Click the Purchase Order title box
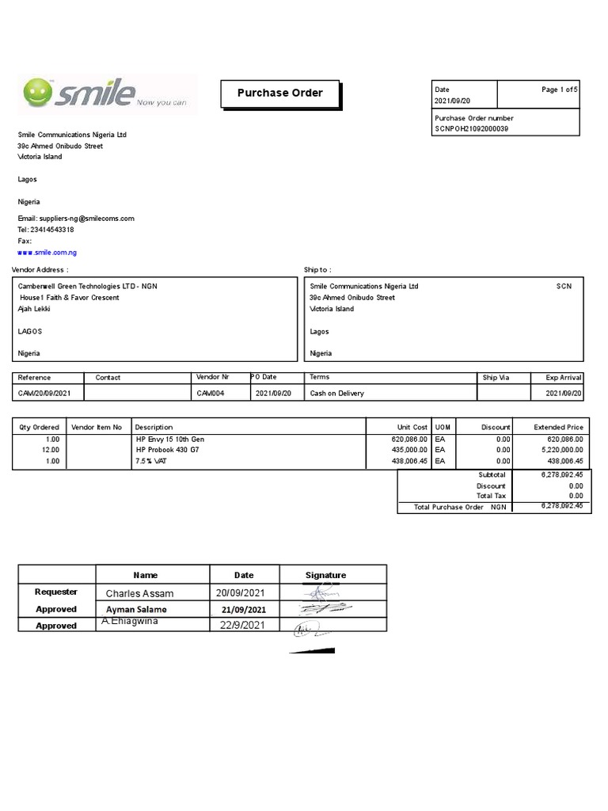point(279,93)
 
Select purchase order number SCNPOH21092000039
point(471,128)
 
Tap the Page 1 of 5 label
point(560,90)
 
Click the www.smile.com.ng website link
point(47,253)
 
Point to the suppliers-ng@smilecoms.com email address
point(86,219)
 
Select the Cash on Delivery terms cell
point(336,394)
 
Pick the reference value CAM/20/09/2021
point(44,394)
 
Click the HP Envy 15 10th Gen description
point(170,439)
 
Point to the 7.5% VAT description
point(152,461)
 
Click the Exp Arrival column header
point(564,378)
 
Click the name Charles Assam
point(139,593)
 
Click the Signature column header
point(325,575)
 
